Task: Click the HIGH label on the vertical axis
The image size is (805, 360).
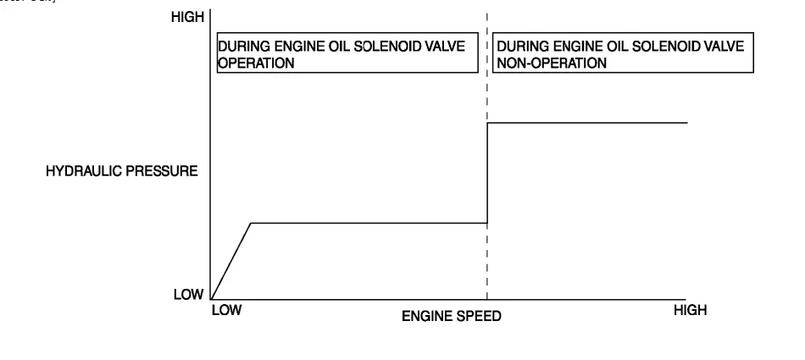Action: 186,18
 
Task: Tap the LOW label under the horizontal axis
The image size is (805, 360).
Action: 226,311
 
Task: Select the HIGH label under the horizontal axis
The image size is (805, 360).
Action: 689,311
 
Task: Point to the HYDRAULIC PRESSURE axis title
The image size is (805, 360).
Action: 122,171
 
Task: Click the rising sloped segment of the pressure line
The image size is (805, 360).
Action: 230,261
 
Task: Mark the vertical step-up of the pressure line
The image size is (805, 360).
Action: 487,174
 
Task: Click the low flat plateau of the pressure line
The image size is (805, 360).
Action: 369,223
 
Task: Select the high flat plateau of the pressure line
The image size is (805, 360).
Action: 586,123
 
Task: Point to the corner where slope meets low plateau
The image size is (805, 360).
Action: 251,223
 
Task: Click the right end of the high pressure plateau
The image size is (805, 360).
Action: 686,123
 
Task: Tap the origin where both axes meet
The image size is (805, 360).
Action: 210,298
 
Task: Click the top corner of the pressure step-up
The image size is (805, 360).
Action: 487,123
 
